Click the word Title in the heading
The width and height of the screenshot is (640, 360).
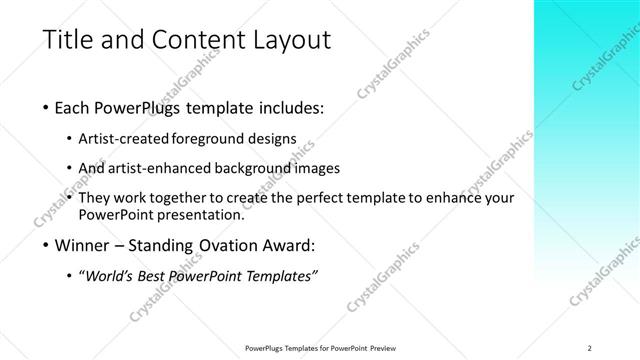click(67, 41)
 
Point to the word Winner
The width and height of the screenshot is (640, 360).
click(87, 244)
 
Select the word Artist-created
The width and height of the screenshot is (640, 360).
click(137, 139)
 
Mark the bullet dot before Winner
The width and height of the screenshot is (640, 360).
click(48, 245)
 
